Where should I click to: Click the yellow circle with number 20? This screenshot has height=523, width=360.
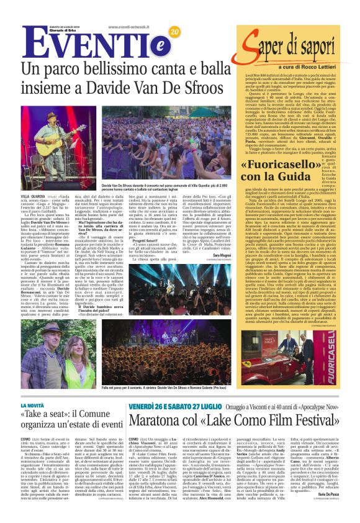point(174,32)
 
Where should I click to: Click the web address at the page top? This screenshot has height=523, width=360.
point(135,27)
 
